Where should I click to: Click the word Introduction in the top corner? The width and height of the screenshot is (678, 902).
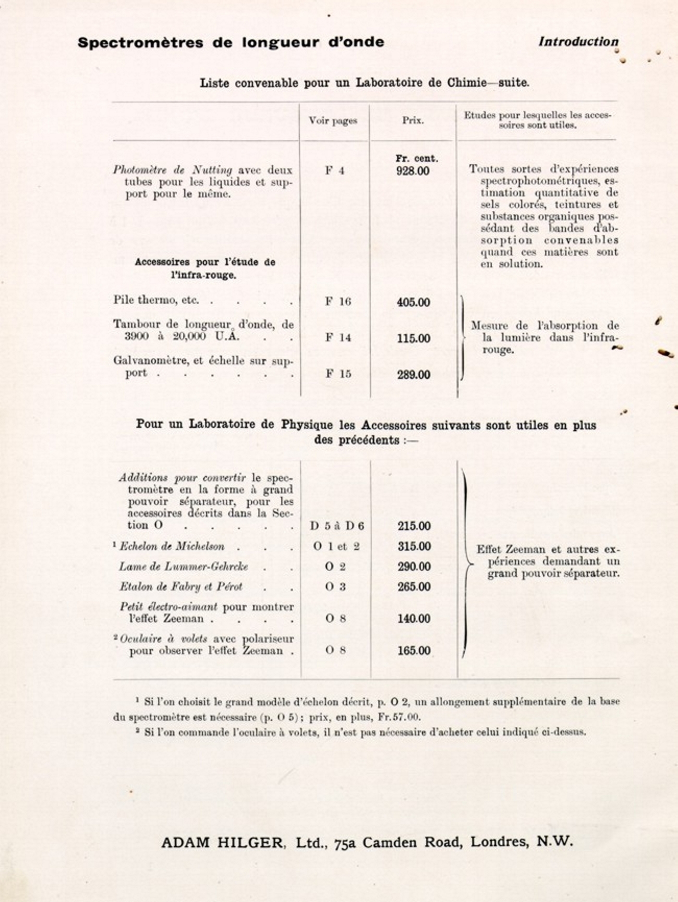coord(578,42)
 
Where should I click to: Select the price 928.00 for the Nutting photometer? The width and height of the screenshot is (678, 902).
coord(413,170)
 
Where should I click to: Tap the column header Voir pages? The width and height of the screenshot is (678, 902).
coord(333,121)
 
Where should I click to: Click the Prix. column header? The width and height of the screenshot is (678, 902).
coord(413,121)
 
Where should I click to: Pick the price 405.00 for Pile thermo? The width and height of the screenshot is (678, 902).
coord(413,302)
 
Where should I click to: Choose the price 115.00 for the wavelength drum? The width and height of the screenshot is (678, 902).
coord(414,338)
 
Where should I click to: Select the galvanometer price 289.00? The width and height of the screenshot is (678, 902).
coord(414,374)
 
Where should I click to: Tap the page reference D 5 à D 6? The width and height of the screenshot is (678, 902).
coord(337,526)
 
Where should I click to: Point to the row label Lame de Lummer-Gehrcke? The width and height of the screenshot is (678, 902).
coord(184,566)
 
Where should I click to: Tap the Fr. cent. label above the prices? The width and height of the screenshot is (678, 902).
coord(416,159)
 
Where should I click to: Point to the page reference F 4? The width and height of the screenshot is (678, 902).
coord(335,170)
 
